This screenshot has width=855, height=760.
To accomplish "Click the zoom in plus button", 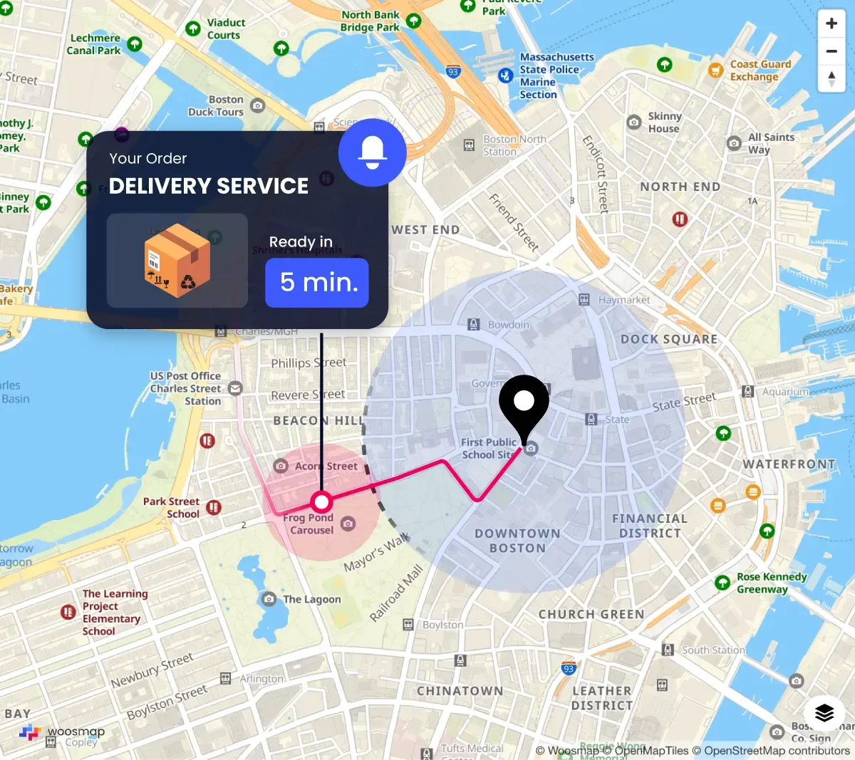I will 831,24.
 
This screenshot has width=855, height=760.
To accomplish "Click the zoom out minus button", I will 831,51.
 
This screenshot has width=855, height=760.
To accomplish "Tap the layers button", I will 824,712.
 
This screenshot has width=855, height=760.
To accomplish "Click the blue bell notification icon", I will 372,152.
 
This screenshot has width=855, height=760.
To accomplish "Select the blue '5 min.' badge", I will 317,283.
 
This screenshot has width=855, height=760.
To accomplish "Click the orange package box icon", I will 177,261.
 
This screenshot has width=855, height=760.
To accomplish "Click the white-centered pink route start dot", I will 322,502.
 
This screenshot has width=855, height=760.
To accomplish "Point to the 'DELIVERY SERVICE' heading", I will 209,186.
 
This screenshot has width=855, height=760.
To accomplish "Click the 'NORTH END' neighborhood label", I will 680,187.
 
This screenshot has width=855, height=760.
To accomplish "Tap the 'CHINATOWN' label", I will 460,691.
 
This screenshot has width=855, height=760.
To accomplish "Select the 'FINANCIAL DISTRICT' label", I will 650,526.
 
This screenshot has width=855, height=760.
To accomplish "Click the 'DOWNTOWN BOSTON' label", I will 517,541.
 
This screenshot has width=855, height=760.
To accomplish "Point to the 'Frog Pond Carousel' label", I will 309,524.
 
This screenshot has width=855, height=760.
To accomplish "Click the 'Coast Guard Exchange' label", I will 760,70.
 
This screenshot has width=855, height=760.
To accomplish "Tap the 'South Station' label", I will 712,650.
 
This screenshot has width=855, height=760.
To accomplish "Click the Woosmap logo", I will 62,732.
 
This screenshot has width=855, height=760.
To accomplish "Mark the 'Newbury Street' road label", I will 151,671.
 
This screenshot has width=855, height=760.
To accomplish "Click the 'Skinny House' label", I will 664,123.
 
